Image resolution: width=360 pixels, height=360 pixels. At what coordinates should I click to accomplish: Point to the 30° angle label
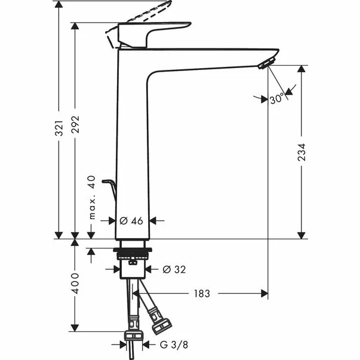(276, 99)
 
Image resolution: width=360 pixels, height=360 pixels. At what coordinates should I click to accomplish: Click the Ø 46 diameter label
(131, 221)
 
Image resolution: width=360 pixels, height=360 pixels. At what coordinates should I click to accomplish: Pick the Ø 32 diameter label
(174, 269)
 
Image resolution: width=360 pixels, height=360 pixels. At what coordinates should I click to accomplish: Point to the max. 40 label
(91, 198)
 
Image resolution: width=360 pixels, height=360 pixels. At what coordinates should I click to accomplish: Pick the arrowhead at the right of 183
(262, 294)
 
